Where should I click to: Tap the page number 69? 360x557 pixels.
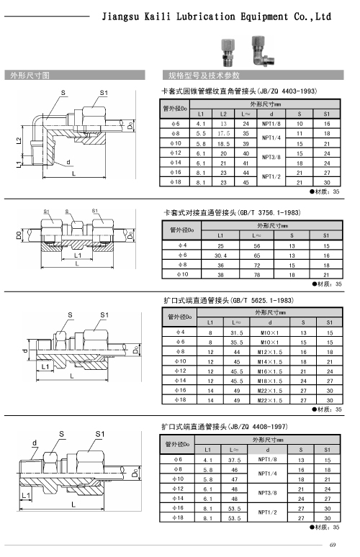pyautogui.click(x=333, y=545)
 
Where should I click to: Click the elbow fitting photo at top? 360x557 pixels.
pyautogui.click(x=263, y=50)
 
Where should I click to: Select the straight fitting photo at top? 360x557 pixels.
pyautogui.click(x=227, y=53)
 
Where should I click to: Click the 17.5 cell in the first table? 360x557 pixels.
pyautogui.click(x=223, y=134)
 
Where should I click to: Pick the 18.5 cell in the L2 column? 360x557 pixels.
pyautogui.click(x=223, y=144)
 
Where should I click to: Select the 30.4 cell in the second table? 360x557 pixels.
pyautogui.click(x=220, y=255)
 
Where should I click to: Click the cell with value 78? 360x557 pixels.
pyautogui.click(x=256, y=275)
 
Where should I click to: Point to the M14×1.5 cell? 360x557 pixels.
pyautogui.click(x=270, y=362)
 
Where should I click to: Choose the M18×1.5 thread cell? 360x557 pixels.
pyautogui.click(x=270, y=381)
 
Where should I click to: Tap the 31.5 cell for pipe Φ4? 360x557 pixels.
pyautogui.click(x=236, y=333)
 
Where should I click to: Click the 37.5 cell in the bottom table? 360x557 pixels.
pyautogui.click(x=234, y=460)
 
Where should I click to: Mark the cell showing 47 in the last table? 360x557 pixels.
pyautogui.click(x=234, y=479)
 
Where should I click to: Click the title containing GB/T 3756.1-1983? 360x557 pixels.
pyautogui.click(x=232, y=213)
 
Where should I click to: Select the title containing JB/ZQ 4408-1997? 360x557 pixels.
pyautogui.click(x=224, y=427)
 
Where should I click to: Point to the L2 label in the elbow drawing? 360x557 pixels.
pyautogui.click(x=19, y=140)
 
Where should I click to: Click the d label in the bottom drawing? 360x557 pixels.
pyautogui.click(x=35, y=443)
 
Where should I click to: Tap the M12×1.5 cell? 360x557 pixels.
pyautogui.click(x=270, y=352)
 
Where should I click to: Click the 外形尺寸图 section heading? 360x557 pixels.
pyautogui.click(x=30, y=76)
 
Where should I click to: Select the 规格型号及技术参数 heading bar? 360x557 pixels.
pyautogui.click(x=253, y=76)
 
